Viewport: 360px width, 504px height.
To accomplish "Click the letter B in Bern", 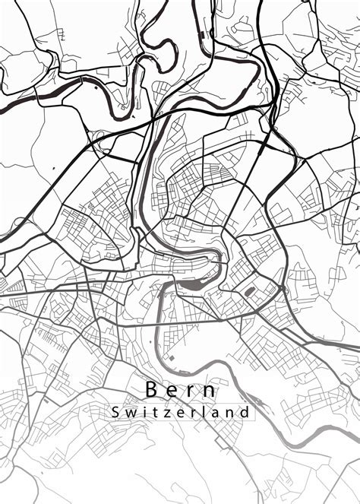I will [x=152, y=390].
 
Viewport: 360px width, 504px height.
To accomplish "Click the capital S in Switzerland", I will [x=114, y=412].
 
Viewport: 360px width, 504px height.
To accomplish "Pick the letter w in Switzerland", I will [x=128, y=413].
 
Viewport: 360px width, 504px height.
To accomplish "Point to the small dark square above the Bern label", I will [x=172, y=357].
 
